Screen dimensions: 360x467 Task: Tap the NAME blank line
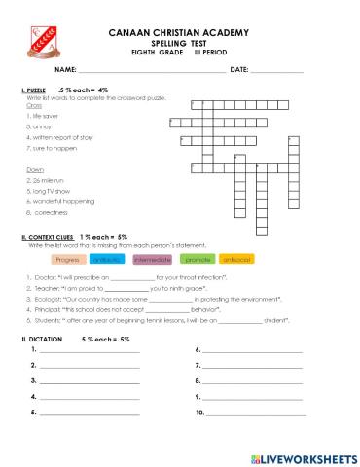coord(151,72)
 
